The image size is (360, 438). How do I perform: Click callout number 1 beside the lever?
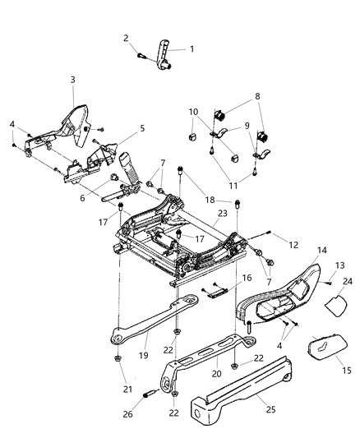coord(192,48)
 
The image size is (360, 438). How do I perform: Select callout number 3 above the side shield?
coord(72,80)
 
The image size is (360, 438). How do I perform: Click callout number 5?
coord(141,128)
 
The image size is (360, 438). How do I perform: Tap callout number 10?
coord(194,112)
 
